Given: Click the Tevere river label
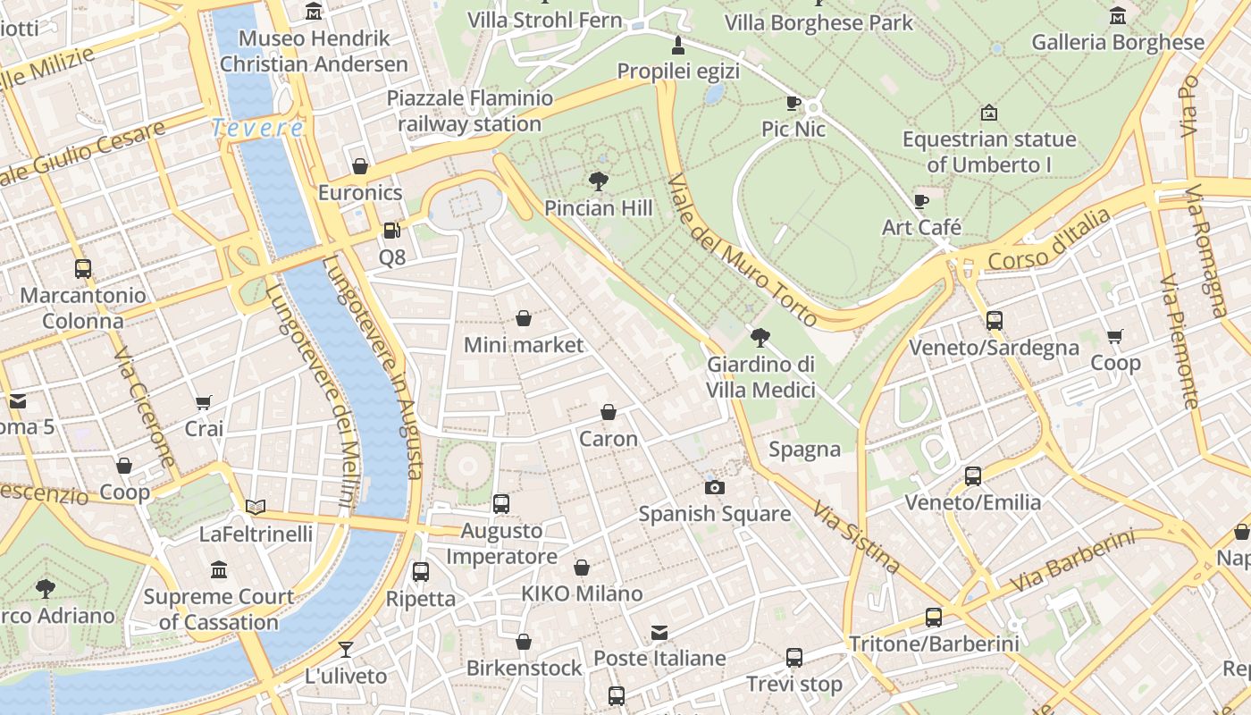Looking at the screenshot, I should tap(258, 129).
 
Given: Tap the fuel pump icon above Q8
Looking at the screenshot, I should tap(391, 231).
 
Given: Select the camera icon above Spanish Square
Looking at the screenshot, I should tap(714, 487).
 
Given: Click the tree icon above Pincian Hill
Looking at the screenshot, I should tap(599, 182).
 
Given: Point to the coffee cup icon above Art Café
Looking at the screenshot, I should tap(921, 201).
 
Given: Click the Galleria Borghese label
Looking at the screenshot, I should tap(1117, 42).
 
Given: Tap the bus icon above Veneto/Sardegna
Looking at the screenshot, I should tap(994, 321).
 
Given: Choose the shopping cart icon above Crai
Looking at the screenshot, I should tap(204, 403).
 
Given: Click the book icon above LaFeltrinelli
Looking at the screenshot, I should tap(256, 508).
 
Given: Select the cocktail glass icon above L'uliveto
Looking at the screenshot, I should tap(346, 650).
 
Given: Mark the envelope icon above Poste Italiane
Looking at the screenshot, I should tap(659, 633).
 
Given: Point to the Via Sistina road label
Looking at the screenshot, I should tap(856, 536).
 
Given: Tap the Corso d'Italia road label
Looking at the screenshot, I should tap(1049, 240).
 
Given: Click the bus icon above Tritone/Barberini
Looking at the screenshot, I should tap(934, 618).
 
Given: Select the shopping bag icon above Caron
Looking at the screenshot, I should tap(609, 412).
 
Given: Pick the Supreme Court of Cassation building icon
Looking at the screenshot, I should tap(219, 570).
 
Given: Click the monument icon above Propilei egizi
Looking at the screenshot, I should tap(678, 46).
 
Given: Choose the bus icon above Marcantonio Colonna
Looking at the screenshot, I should tap(83, 268).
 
